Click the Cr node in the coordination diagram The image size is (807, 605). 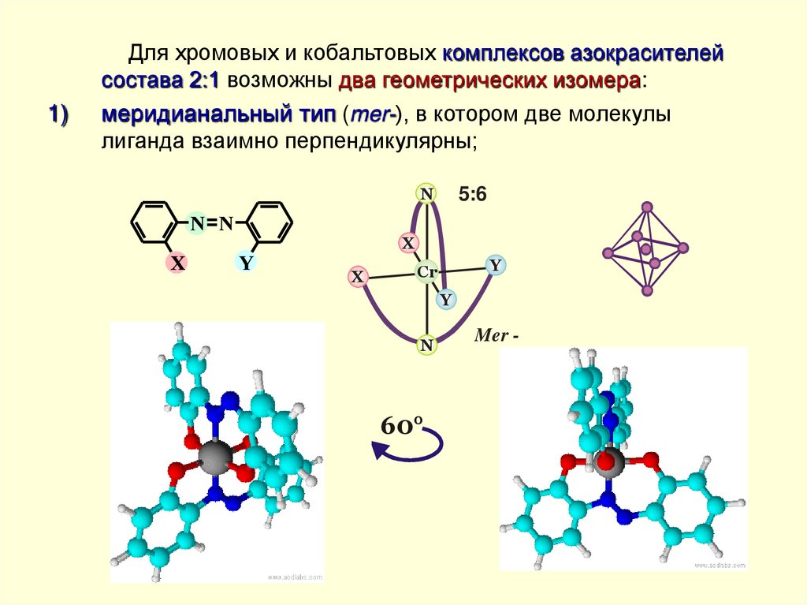click(427, 272)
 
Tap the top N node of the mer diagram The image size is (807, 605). click(426, 193)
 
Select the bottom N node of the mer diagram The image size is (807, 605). click(426, 345)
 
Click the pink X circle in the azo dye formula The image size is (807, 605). click(178, 263)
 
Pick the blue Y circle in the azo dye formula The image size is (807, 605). click(246, 263)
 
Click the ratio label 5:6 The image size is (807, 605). click(473, 195)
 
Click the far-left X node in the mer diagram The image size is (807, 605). click(358, 277)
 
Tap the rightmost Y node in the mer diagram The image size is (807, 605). click(495, 266)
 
